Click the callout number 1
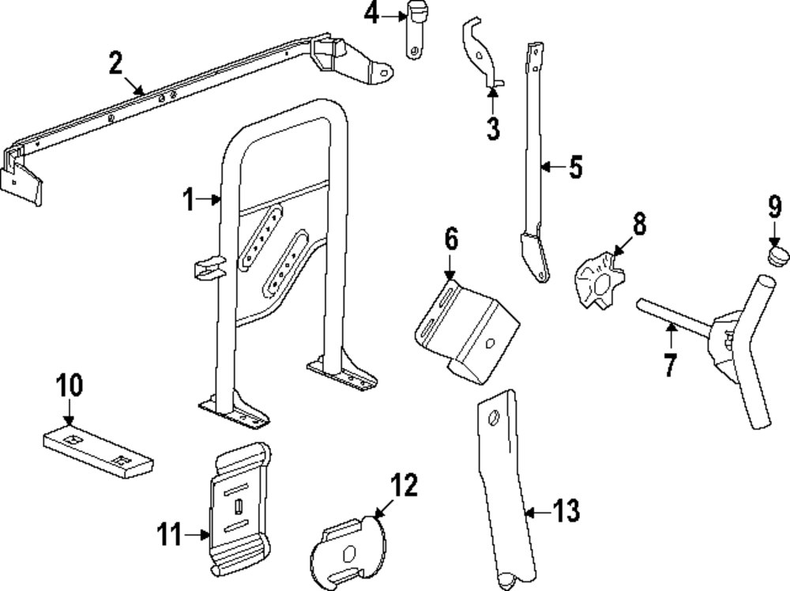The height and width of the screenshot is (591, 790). click(188, 201)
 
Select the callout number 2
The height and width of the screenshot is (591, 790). click(115, 63)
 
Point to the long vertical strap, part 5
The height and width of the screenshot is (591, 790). click(534, 158)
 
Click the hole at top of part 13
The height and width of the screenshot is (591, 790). click(493, 419)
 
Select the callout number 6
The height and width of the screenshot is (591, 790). click(450, 239)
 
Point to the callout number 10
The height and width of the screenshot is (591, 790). click(69, 386)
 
